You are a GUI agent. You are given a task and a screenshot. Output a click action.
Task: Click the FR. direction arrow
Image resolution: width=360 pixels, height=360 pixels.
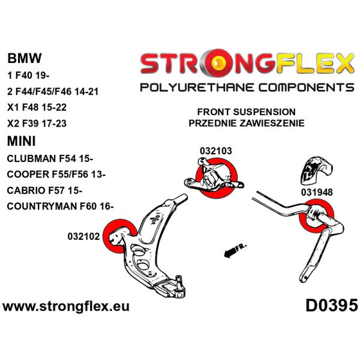pos(235,250)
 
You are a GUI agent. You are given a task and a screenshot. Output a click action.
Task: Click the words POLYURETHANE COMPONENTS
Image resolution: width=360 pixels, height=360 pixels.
pos(247,88)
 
